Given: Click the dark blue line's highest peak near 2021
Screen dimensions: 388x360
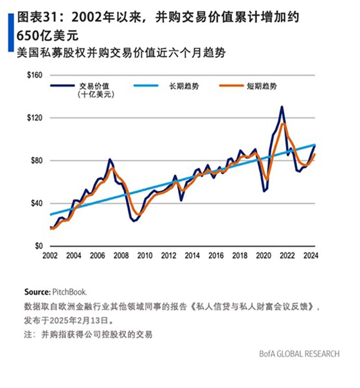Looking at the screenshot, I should [x=282, y=107].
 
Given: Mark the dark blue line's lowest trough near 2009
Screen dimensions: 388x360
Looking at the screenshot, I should [x=134, y=221].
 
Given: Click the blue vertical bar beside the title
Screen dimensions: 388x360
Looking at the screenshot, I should [x=10, y=32].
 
